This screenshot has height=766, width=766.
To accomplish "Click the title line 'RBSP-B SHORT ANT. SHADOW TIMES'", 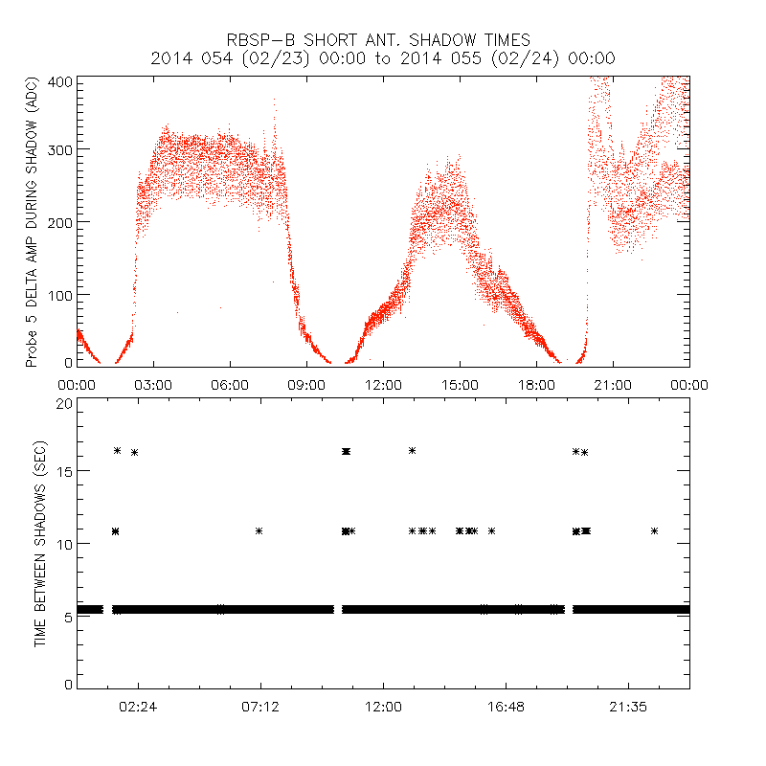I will pos(383,39).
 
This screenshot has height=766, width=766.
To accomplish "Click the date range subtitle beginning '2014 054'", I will pos(383,58).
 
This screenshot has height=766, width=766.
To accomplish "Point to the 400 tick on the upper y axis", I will pos(60,81).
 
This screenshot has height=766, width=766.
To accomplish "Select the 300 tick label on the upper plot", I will pos(60,149).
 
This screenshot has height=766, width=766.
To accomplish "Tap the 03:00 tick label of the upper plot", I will pos(153,384).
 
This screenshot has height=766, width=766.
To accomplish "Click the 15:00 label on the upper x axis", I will pos(460,384).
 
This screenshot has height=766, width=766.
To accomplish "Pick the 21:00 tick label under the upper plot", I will pos(613,384).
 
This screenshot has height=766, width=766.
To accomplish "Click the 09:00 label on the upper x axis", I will pos(306,384).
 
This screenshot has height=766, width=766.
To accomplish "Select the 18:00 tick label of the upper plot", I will pos(536,384).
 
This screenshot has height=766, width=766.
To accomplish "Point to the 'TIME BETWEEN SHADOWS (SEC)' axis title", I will pos(40,546).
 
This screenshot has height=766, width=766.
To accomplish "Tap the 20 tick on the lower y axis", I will pos(64,404).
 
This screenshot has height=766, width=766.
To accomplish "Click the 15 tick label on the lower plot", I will pos(64,471).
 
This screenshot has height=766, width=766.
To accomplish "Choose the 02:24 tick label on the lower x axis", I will pos(138,707).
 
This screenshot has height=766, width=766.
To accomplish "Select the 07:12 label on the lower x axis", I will pos(260,707).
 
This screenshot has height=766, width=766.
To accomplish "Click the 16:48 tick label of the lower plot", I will pos(506,707).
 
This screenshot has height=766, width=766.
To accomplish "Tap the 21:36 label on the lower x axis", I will pos(628,707).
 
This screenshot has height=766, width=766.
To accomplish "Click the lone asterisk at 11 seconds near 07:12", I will pos(259,530).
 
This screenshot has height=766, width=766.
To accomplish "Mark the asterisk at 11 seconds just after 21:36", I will pos(654,530).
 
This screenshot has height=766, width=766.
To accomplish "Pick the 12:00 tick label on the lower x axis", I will pos(383,707).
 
